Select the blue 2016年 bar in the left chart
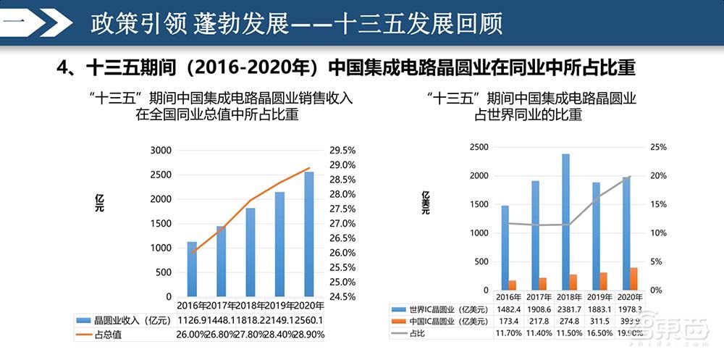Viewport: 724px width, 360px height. pos(192,269)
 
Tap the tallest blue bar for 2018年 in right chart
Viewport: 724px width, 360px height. pos(565,222)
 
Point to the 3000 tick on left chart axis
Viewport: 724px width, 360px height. pos(161,151)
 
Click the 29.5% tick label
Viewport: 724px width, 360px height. pos(342,151)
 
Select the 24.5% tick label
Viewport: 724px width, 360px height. pos(342,296)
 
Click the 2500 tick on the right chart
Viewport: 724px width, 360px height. pos(479,147)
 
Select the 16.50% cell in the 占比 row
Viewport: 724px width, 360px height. pos(594,332)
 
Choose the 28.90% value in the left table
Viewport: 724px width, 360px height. pos(308,334)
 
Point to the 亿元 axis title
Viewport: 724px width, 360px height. pos(99,203)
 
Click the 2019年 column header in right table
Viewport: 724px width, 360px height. pos(594,297)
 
